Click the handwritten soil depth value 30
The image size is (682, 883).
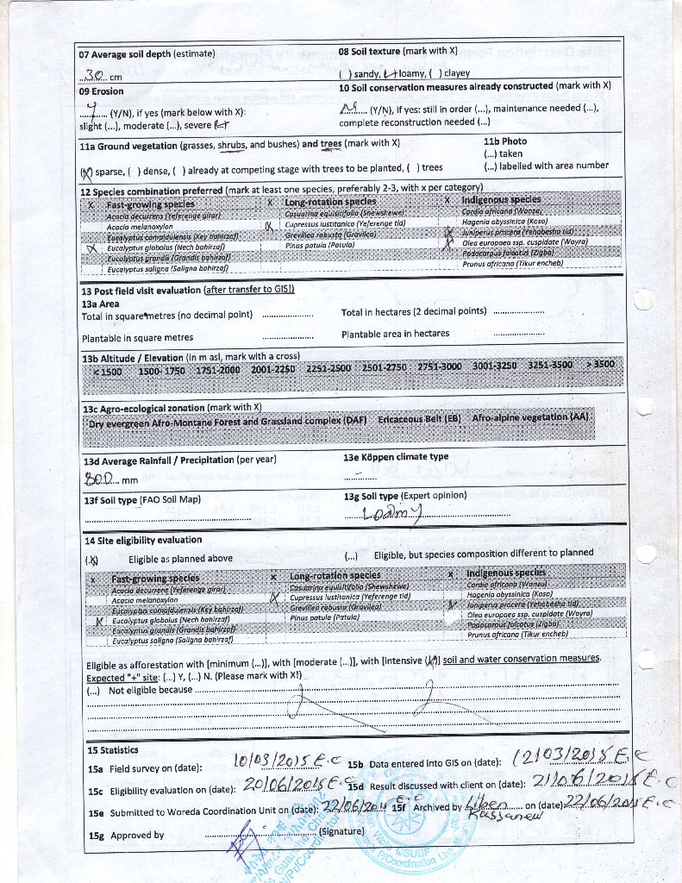(x=95, y=75)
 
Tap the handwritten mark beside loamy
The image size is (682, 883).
(x=391, y=74)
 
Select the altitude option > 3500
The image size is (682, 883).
(x=599, y=364)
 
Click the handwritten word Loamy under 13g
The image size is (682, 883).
(x=393, y=513)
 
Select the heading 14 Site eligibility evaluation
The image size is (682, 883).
(x=142, y=541)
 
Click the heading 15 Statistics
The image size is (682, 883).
(x=113, y=750)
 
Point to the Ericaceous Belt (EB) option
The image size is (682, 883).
(x=419, y=419)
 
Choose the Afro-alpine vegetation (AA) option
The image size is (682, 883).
(x=531, y=417)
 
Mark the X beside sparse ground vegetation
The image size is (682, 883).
(x=84, y=170)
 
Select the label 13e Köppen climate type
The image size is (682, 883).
(x=396, y=457)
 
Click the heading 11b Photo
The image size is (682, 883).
(x=505, y=141)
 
